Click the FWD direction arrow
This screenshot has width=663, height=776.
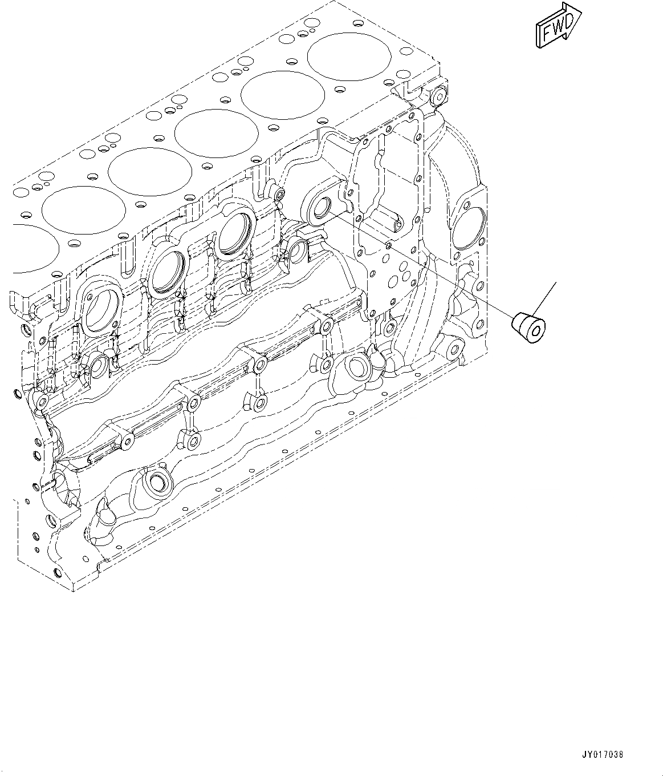coord(558,27)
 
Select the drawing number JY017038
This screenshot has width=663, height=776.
coord(603,754)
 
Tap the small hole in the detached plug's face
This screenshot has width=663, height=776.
coord(537,332)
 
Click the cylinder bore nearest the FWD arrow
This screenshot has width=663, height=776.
coord(350,56)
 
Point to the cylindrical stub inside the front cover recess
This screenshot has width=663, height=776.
coord(397,216)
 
